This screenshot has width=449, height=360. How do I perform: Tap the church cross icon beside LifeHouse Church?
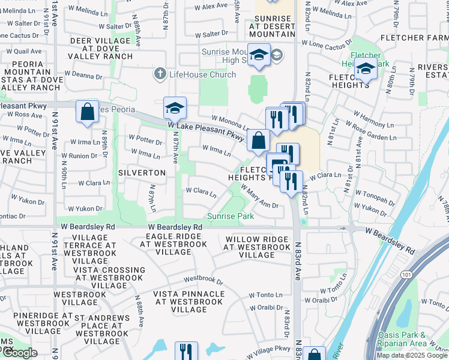point(160,74)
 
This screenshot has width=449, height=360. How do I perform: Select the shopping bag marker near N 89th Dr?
point(87,112)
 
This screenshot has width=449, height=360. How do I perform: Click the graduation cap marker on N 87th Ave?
point(175,109)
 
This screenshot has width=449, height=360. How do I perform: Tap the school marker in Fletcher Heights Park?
point(365,70)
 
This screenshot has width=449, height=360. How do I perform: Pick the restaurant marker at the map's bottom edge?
point(186,352)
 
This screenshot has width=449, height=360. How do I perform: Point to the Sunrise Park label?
point(231,216)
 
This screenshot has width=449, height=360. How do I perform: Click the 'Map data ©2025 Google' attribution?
point(412,355)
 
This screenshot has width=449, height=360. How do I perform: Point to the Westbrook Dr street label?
point(203,280)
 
